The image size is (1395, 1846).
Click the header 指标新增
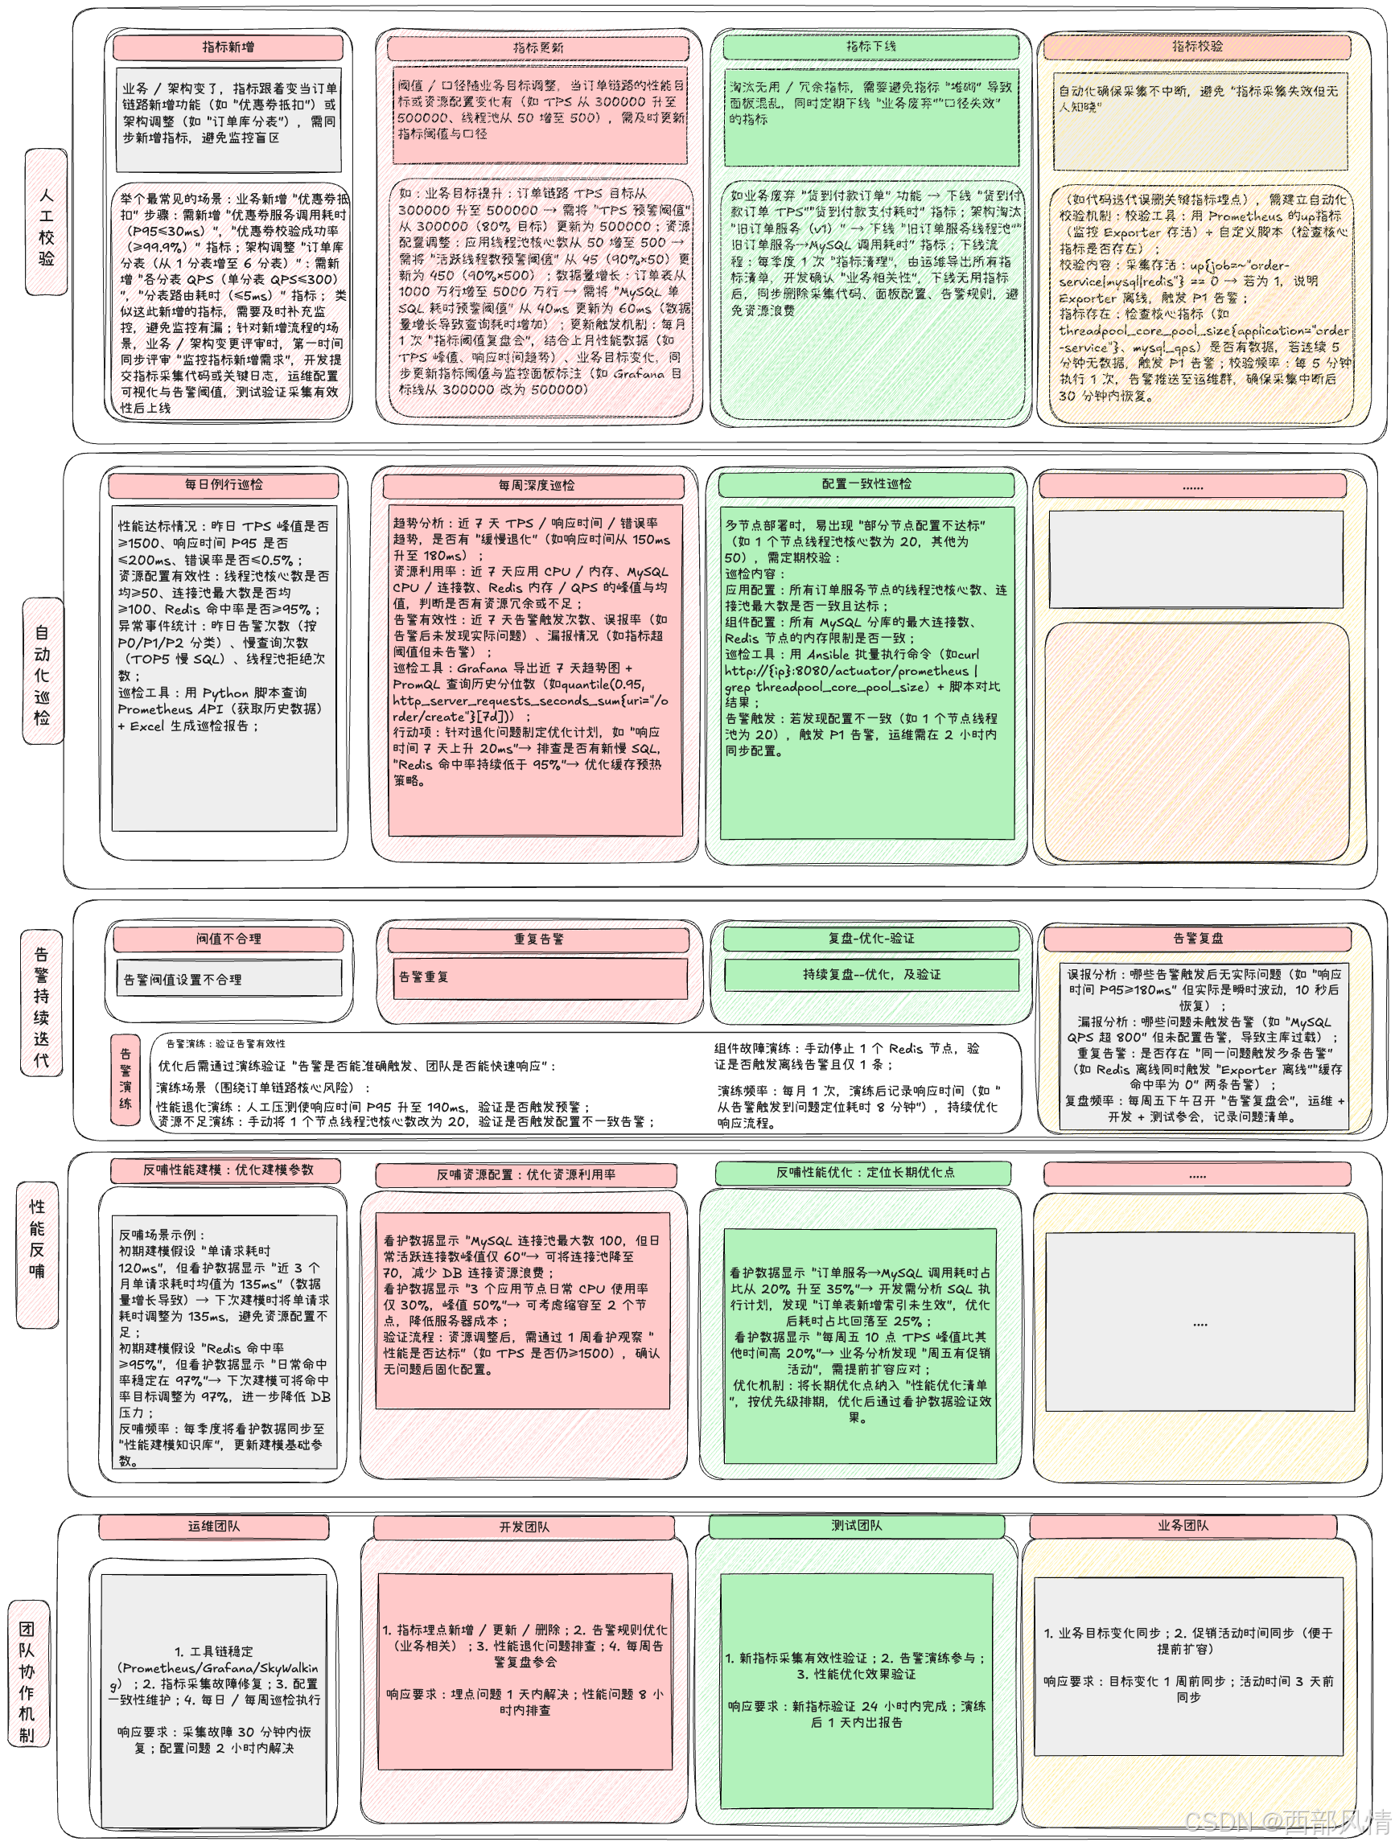[x=228, y=47]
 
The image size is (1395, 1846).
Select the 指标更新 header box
[x=537, y=48]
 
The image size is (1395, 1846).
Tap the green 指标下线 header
[x=870, y=47]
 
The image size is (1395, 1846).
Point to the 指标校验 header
[x=1196, y=47]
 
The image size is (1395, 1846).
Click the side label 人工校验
[x=46, y=222]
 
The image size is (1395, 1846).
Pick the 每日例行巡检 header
[x=223, y=485]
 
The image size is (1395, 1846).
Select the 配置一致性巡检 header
[x=866, y=484]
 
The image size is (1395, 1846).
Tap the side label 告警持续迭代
[x=41, y=1005]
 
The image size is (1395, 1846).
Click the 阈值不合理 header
[x=228, y=939]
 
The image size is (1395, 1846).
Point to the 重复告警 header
[x=538, y=939]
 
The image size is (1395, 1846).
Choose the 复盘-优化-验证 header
[x=870, y=938]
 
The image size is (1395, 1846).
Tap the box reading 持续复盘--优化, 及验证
[x=870, y=974]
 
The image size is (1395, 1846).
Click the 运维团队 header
[x=214, y=1527]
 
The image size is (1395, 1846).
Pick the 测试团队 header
[x=856, y=1526]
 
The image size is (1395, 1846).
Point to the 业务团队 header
[x=1182, y=1526]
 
